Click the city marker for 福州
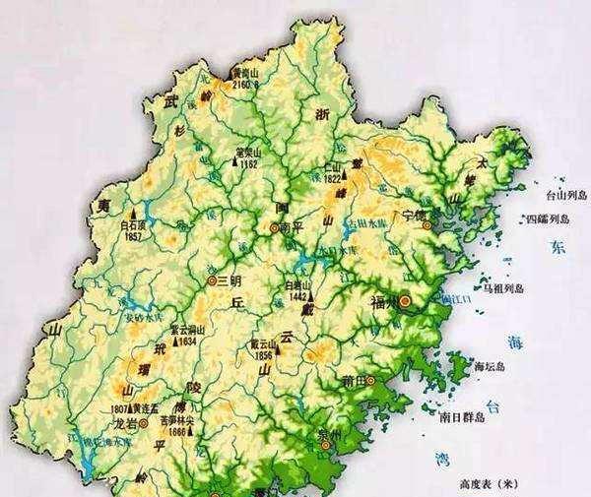pyautogui.click(x=404, y=300)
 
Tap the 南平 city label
pyautogui.click(x=291, y=228)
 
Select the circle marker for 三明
pyautogui.click(x=212, y=280)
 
